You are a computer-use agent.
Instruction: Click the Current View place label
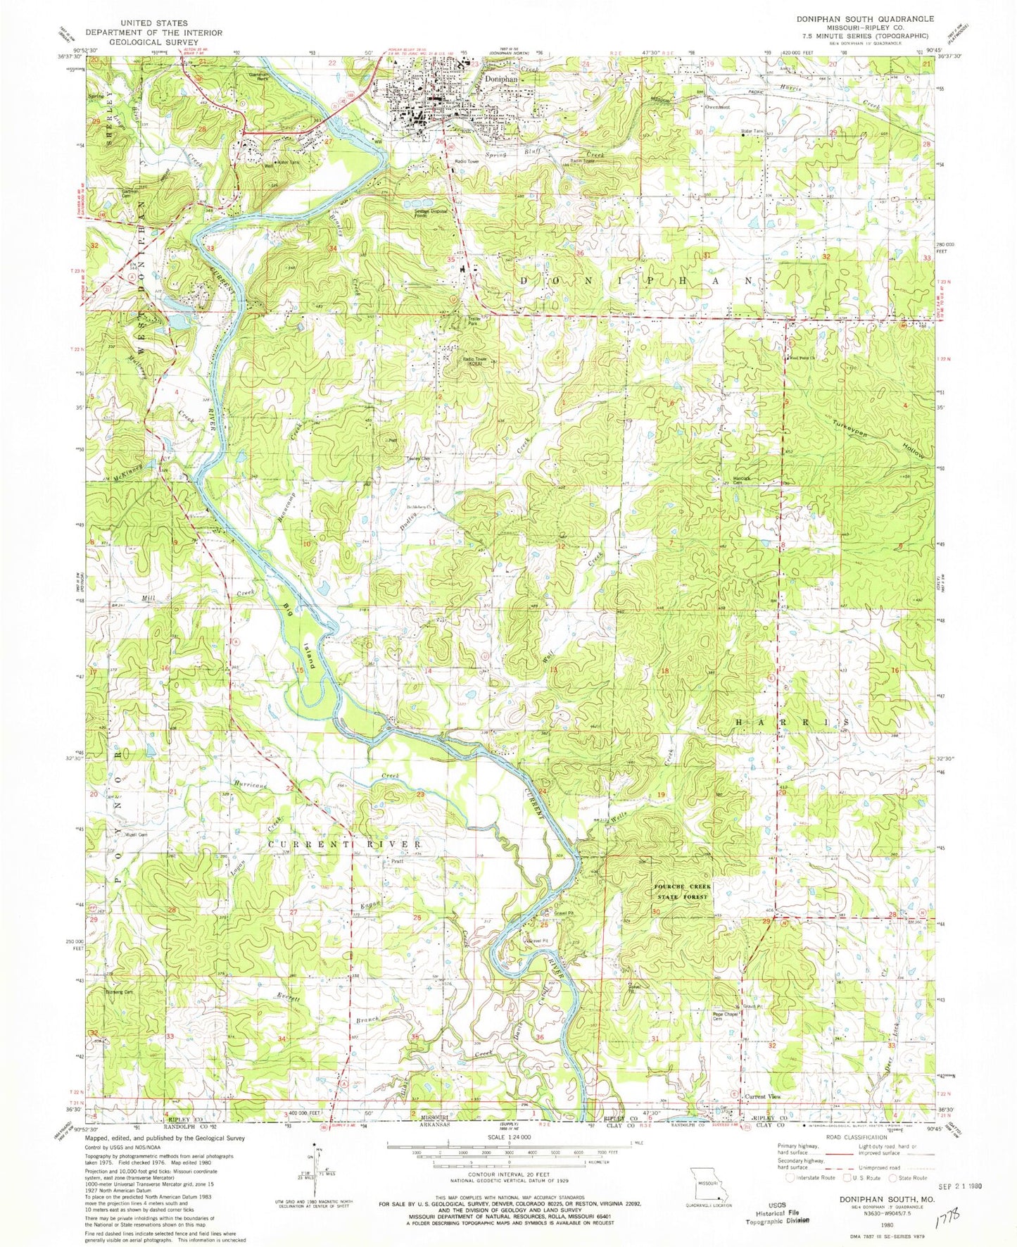click(763, 1096)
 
